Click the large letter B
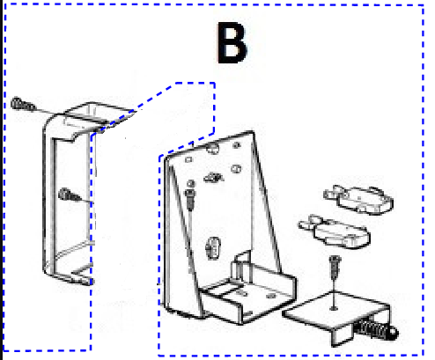tap(232, 42)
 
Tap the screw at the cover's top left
tap(23, 104)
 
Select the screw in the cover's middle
tap(70, 195)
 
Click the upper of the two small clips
tap(358, 199)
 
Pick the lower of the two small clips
tap(335, 231)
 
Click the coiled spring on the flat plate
tap(372, 328)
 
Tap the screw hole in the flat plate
tap(334, 308)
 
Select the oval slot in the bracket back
tap(213, 248)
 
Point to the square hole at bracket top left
tap(188, 160)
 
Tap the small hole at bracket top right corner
tap(237, 144)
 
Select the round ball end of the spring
tap(393, 333)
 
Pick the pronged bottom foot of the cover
tap(83, 277)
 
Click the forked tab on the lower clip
tap(308, 224)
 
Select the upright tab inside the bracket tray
tap(241, 267)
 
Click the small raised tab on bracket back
tap(213, 178)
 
